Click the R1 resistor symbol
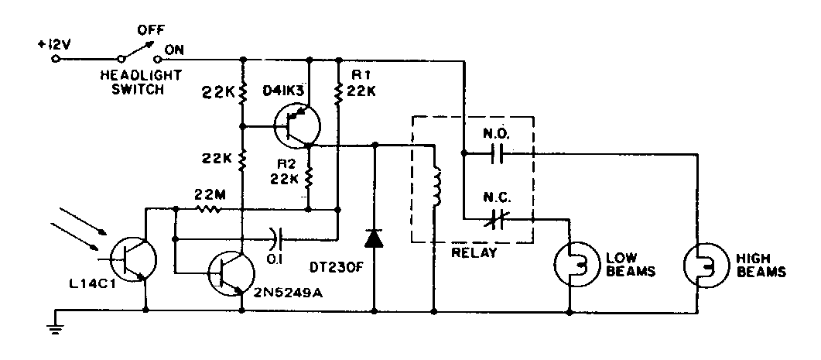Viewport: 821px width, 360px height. click(x=338, y=93)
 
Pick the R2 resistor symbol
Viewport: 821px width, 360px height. click(x=308, y=178)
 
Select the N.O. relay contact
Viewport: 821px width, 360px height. click(x=497, y=153)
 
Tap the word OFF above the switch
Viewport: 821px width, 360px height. click(x=149, y=31)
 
